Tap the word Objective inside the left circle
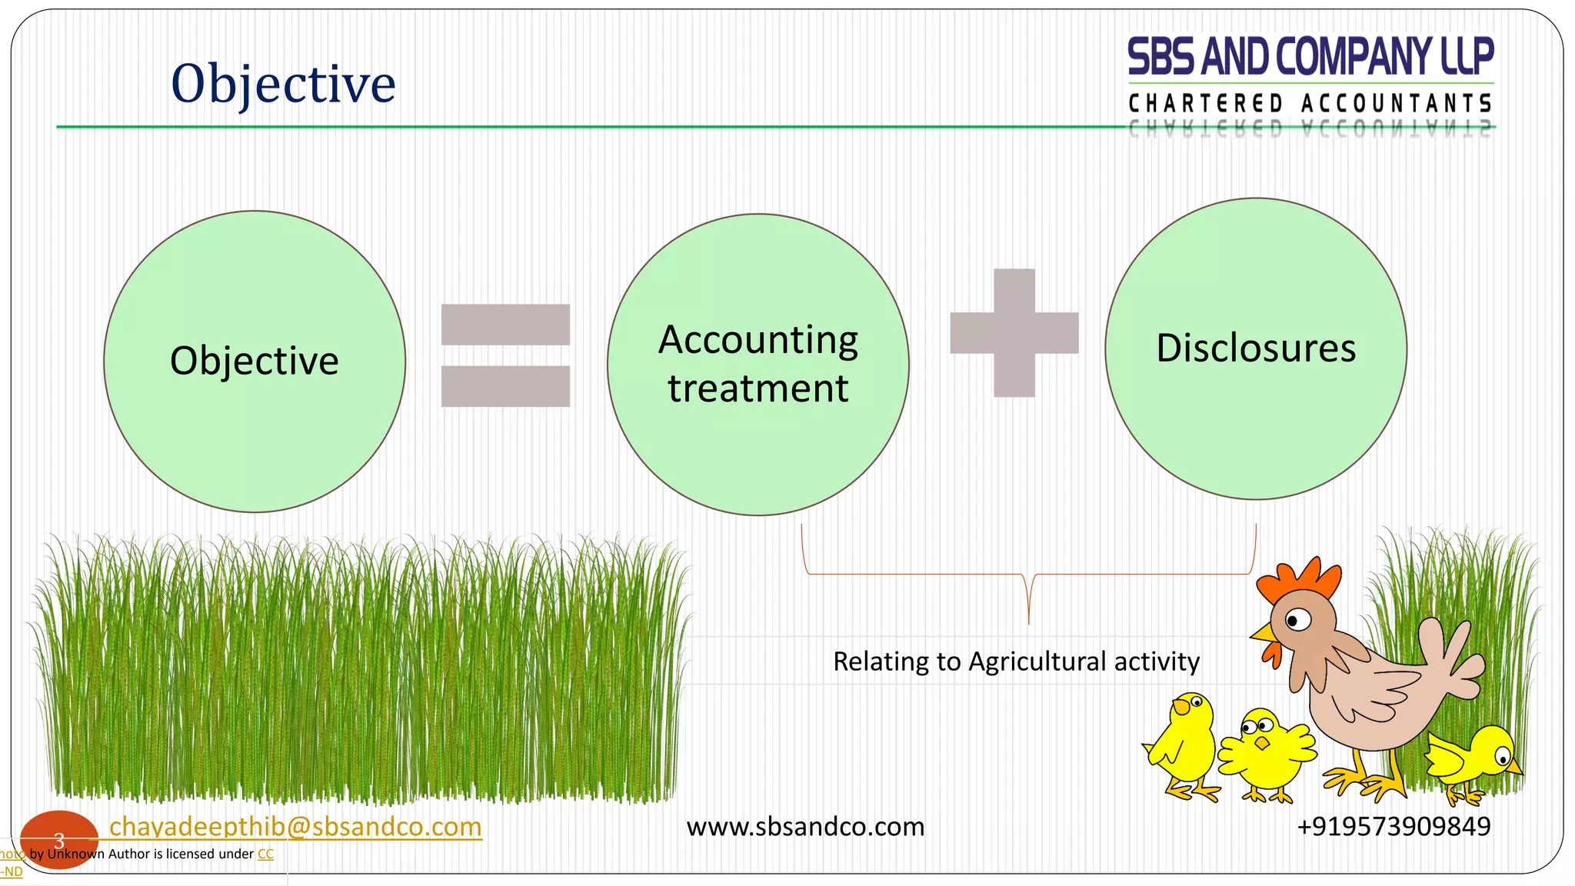(x=254, y=361)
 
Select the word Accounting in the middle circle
(x=758, y=340)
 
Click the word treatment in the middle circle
(x=758, y=388)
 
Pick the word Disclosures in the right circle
(x=1256, y=348)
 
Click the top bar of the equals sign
(x=505, y=325)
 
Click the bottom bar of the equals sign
(x=505, y=386)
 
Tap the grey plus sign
(x=1014, y=333)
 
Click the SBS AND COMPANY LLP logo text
(x=1310, y=57)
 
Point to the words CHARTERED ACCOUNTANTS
(x=1310, y=104)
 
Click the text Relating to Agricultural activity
(x=1016, y=661)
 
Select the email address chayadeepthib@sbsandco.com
(x=295, y=827)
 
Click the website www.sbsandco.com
(x=805, y=827)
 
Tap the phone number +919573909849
(x=1394, y=827)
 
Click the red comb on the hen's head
(x=1300, y=580)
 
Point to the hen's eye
(x=1297, y=619)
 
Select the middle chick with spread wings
(x=1264, y=753)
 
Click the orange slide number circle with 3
(x=58, y=840)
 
